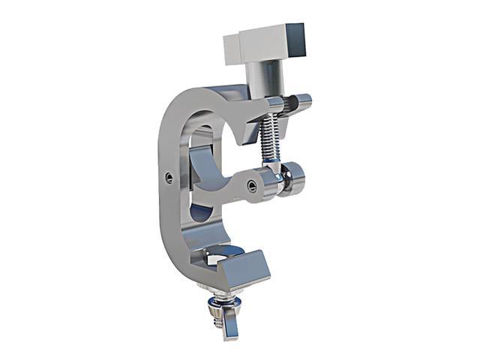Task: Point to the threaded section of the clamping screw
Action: click(268, 139)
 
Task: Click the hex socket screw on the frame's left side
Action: click(168, 177)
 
